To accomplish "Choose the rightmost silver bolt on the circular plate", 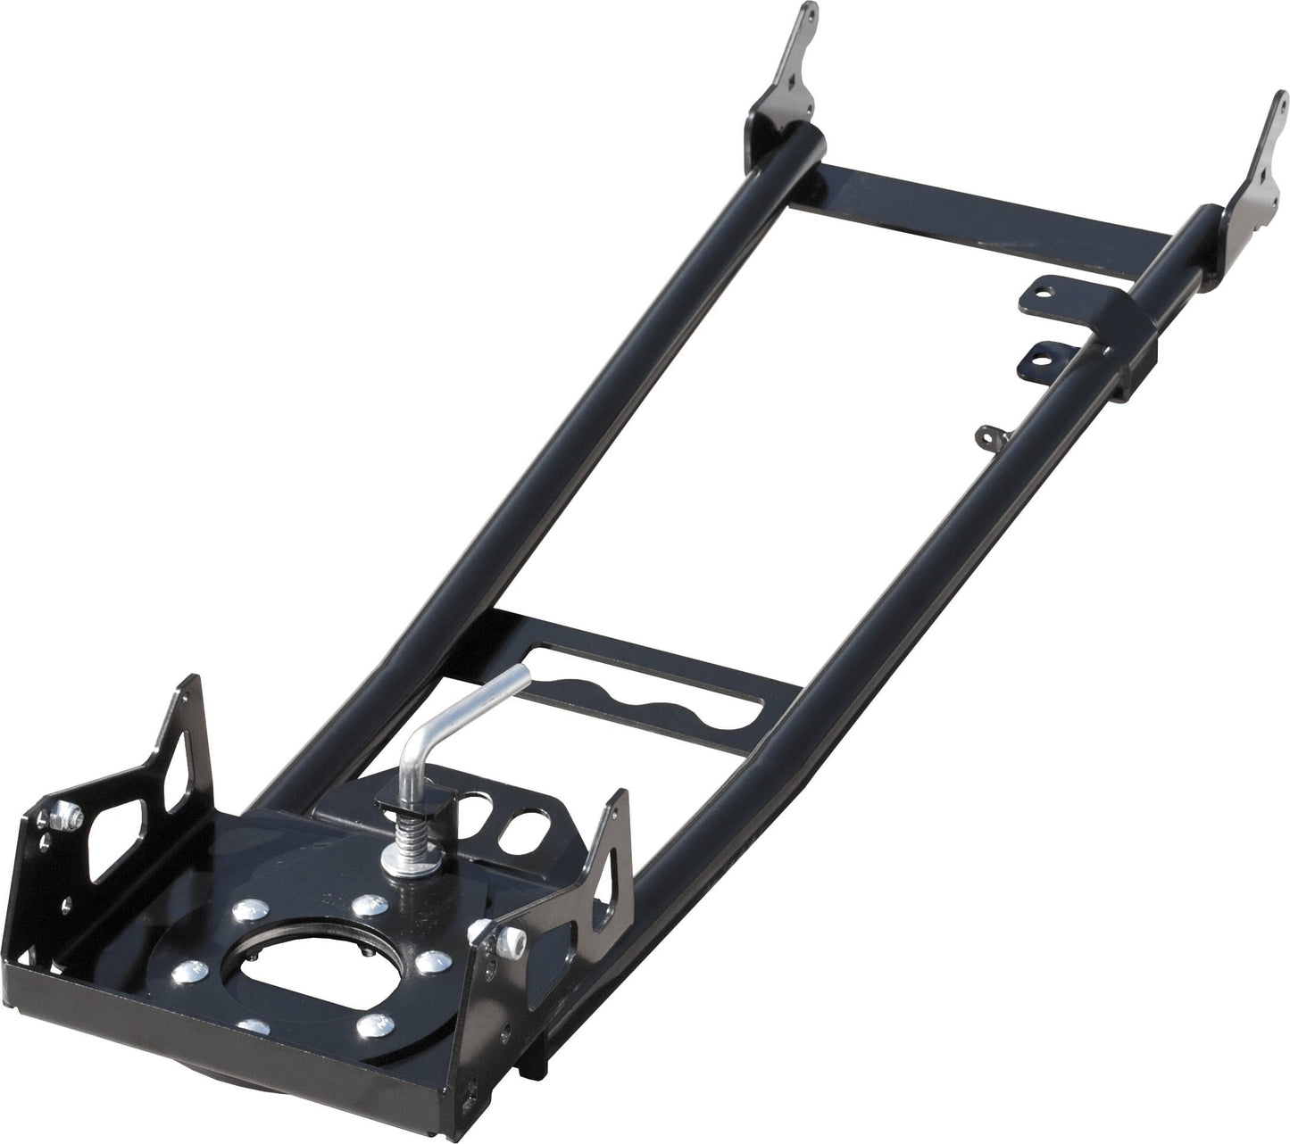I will tap(431, 959).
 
